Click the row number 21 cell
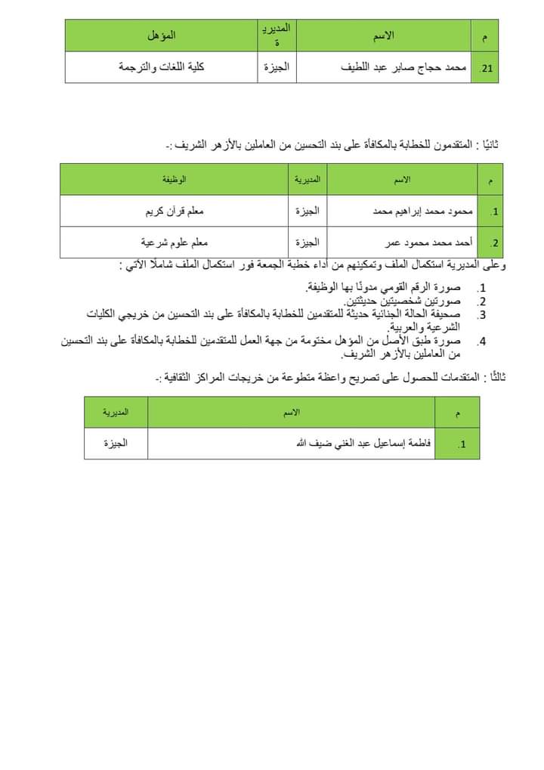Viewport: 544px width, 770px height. coord(486,68)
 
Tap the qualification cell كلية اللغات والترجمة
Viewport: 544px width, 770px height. coord(162,67)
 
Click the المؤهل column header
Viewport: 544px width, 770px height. coord(162,36)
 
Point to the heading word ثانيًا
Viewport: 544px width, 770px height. coord(493,144)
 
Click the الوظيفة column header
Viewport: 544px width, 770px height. coord(175,180)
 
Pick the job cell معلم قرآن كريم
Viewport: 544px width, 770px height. coord(175,212)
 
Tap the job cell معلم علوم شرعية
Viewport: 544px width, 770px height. coord(175,243)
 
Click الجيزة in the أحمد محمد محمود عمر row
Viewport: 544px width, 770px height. coord(308,243)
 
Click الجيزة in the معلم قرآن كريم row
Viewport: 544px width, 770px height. coord(308,212)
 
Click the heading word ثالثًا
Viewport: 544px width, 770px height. coord(493,378)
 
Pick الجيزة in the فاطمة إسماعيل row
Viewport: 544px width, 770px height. coord(116,444)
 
